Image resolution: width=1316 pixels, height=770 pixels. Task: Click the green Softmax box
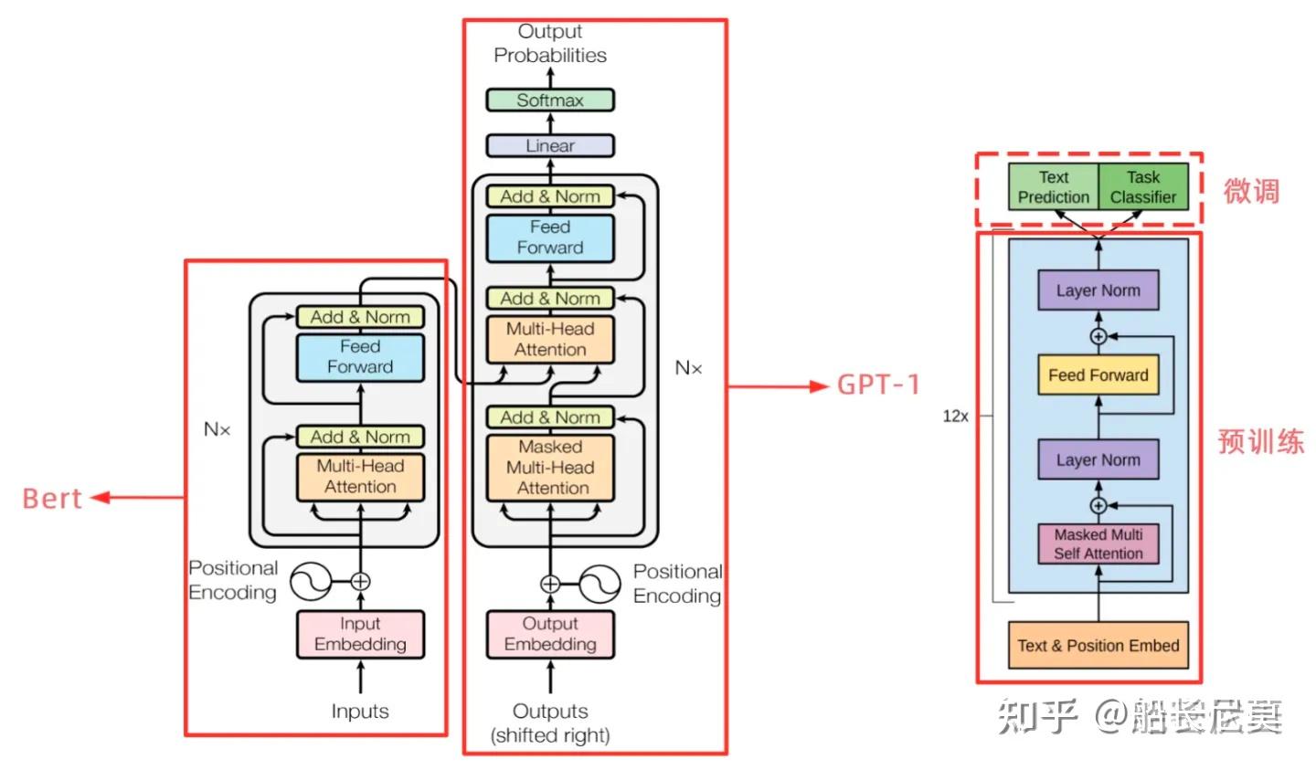click(x=549, y=100)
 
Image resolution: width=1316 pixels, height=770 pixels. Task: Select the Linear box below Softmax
click(x=549, y=145)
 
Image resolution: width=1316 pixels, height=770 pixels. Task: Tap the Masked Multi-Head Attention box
click(x=549, y=468)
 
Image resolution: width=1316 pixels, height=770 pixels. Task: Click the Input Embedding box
click(x=360, y=634)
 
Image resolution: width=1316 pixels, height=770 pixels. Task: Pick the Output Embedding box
click(x=549, y=634)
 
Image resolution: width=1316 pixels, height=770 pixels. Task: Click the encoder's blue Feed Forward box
click(x=360, y=357)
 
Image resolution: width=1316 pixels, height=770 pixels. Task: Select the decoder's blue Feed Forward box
click(x=549, y=237)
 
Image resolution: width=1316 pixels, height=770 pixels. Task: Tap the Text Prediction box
click(x=1053, y=187)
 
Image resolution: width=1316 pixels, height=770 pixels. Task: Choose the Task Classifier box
click(x=1142, y=187)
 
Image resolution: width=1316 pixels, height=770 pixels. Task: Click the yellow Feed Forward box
click(x=1098, y=375)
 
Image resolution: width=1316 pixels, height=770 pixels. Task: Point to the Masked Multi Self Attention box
click(x=1098, y=544)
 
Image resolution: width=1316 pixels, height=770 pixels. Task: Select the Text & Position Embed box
click(x=1098, y=646)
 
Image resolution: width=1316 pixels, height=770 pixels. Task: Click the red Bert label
click(x=52, y=499)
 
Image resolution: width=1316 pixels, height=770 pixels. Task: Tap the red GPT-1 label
click(x=878, y=385)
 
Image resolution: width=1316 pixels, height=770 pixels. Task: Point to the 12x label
click(x=955, y=417)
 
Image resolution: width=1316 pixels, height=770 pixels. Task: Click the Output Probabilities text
click(x=549, y=44)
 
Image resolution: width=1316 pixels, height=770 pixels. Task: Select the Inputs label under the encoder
click(x=360, y=712)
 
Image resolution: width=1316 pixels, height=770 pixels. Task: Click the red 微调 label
click(x=1251, y=192)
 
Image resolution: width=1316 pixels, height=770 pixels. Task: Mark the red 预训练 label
click(x=1260, y=442)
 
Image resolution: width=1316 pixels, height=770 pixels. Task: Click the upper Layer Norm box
click(x=1098, y=291)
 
